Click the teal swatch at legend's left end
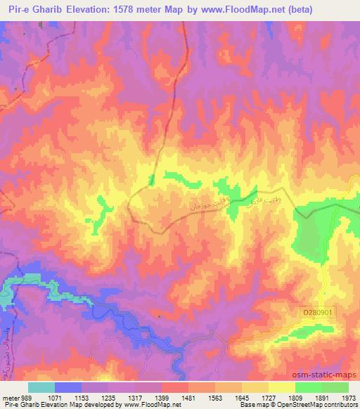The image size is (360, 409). (x=41, y=387)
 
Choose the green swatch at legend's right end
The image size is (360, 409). (x=335, y=387)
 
